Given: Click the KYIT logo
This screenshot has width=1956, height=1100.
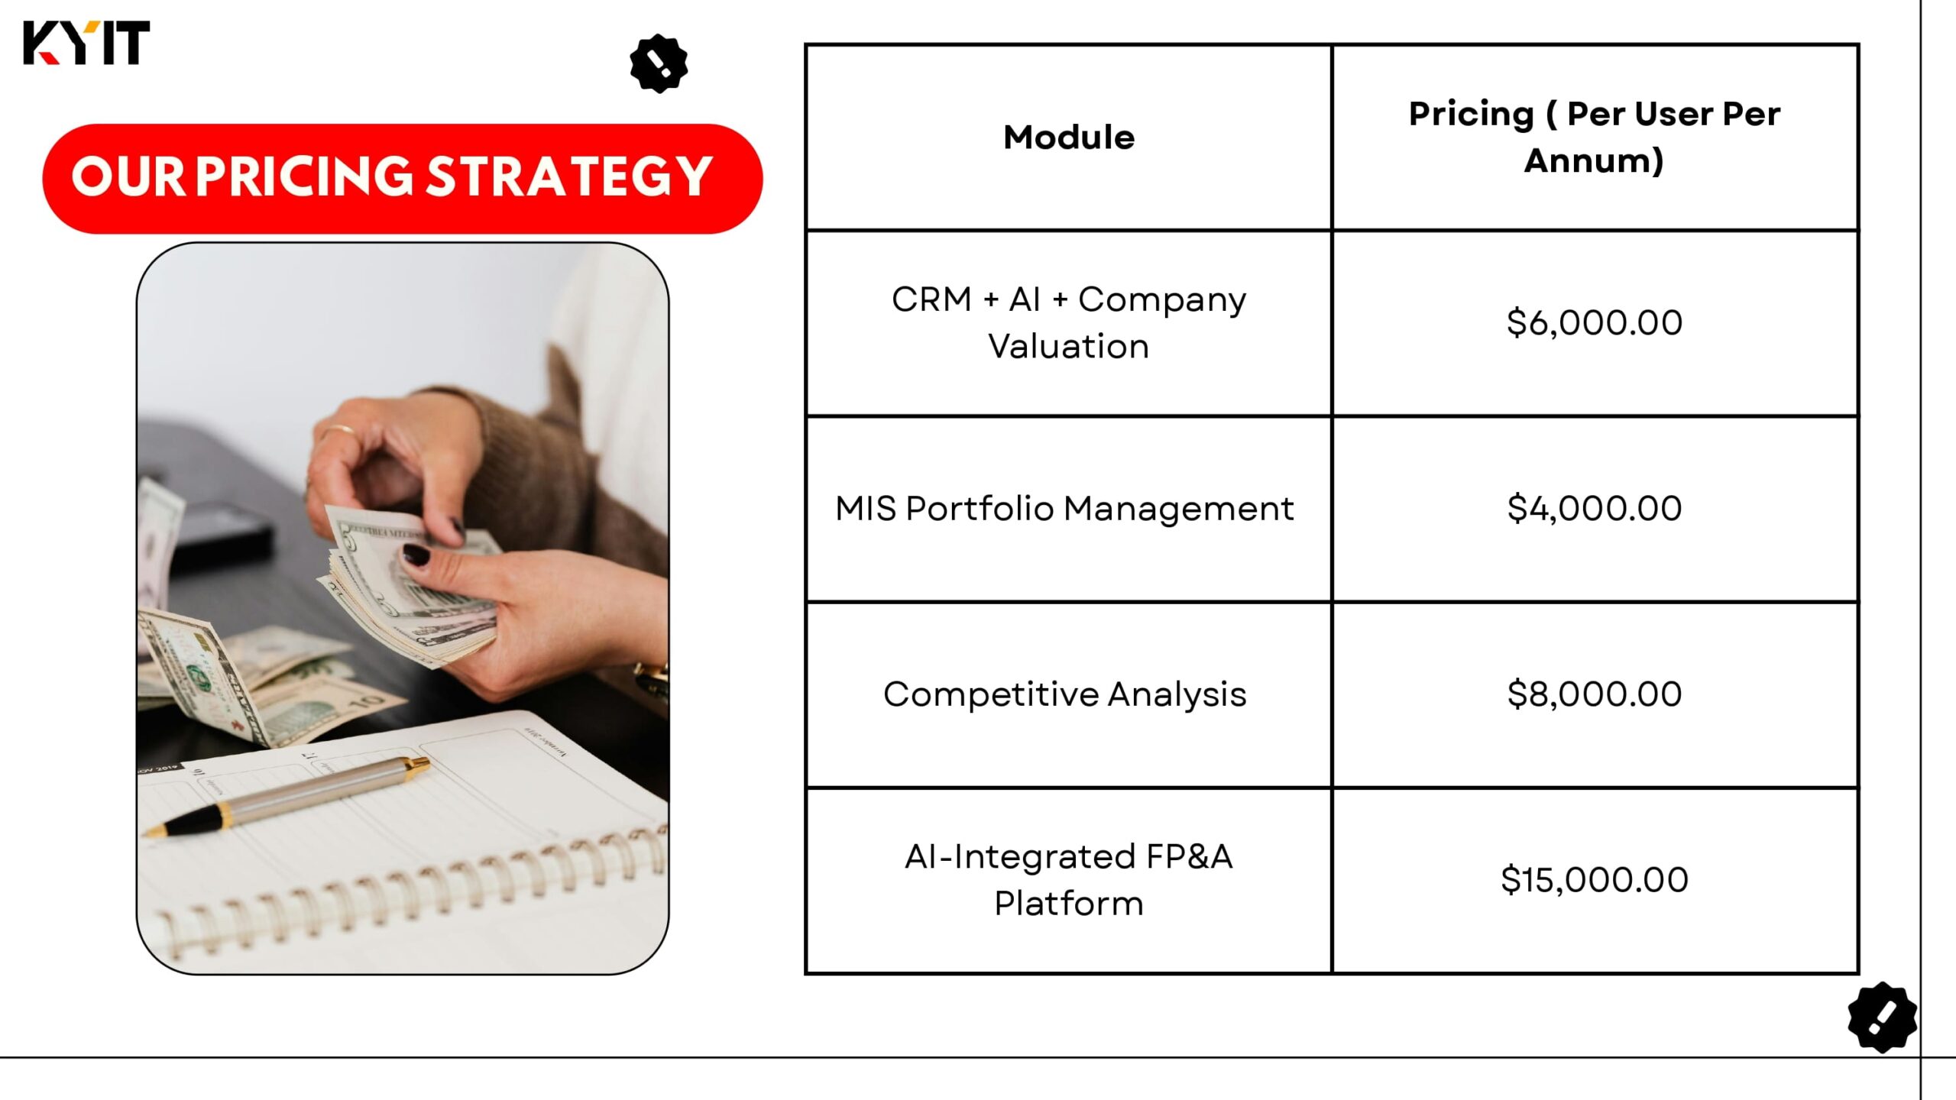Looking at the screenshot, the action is tap(86, 43).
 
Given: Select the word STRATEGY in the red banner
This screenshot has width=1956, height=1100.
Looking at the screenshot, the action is tap(568, 176).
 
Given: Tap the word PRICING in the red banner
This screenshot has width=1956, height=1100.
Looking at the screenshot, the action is tap(304, 176).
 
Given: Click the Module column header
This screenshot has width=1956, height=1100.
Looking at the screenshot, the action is tap(1069, 137).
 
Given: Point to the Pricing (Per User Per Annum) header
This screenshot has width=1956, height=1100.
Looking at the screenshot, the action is tap(1595, 137).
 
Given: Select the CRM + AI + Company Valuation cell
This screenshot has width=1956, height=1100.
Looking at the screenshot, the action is tap(1069, 322).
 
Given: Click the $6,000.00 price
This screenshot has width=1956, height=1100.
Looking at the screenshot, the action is tap(1595, 322).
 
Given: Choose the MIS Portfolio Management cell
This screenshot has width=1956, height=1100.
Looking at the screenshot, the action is tap(1064, 508).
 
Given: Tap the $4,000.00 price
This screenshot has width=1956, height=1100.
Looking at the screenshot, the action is tap(1595, 508).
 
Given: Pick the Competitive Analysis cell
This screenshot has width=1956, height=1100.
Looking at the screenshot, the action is tap(1064, 694).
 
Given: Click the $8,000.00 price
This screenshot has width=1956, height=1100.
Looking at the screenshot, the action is tap(1595, 694).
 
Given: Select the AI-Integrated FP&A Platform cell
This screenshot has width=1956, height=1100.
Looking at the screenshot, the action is tap(1069, 879).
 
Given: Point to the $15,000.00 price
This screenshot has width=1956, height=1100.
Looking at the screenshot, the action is tap(1595, 879).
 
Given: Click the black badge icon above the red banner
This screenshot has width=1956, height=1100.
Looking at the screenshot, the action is tap(659, 63).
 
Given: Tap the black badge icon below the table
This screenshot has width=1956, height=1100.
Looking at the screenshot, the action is tap(1883, 1017).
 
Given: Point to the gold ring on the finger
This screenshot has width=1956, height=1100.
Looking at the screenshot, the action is tap(338, 432).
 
